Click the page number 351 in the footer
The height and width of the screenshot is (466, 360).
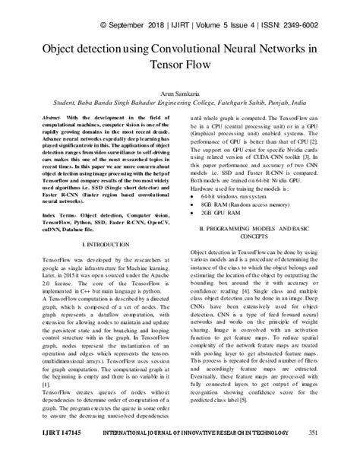[335, 454]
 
